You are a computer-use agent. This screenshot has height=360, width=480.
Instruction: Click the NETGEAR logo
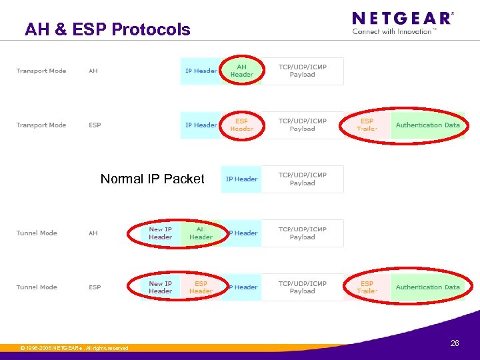coord(402,18)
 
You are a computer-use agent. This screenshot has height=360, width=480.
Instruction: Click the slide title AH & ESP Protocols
coord(107,30)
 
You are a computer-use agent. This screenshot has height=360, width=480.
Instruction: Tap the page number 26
coord(455,343)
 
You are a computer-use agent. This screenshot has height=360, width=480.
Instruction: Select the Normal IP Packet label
coord(153,179)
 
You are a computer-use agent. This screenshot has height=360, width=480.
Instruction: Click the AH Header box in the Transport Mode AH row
coord(241,71)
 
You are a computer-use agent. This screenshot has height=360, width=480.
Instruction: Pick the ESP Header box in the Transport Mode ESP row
coord(241,125)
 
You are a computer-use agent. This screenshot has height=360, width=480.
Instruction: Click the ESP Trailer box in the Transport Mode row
coord(367,125)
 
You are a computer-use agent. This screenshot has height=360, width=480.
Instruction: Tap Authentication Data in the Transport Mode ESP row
coord(427,125)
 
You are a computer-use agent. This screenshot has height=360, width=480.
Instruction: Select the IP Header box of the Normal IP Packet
coord(241,179)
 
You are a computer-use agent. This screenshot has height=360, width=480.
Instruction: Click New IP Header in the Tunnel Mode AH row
coord(161,233)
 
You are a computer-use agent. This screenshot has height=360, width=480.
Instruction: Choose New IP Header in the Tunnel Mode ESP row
coord(161,287)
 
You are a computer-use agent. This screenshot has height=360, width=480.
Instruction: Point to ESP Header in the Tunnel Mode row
coord(201,287)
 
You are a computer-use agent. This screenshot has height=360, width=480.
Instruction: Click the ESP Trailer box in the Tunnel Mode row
coord(367,287)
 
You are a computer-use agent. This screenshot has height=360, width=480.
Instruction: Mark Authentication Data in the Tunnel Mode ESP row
coord(427,287)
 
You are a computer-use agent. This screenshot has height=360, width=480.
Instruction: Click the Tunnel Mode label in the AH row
coord(37,233)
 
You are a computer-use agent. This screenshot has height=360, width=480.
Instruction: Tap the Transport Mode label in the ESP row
coord(41,125)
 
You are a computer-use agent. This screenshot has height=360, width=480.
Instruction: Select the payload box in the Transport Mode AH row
coord(302,71)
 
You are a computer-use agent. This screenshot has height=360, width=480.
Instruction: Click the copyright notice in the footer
coord(74,348)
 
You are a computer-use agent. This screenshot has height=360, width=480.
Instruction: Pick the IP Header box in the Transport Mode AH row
coord(201,71)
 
